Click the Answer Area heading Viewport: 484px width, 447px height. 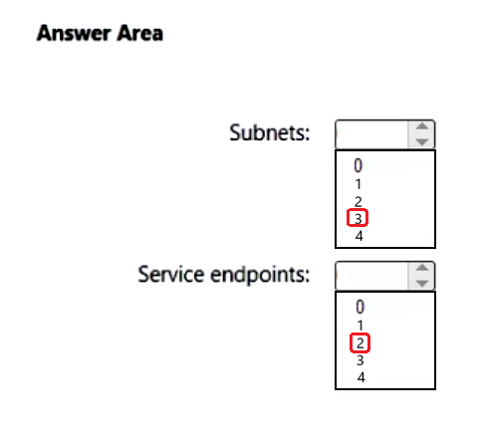point(100,33)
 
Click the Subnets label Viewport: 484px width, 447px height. point(270,132)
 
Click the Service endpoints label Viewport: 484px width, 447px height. point(224,275)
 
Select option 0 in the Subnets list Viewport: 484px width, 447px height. point(358,165)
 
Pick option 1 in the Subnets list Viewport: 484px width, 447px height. point(358,184)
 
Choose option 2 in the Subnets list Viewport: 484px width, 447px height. point(358,201)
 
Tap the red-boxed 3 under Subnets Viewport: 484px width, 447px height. point(358,218)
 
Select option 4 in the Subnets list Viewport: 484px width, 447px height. point(359,236)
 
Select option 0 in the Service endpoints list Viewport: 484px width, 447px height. point(360,307)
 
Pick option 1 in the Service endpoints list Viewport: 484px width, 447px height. point(360,326)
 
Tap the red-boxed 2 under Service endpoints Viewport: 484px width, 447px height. point(360,342)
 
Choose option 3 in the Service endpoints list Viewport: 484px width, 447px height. point(361,360)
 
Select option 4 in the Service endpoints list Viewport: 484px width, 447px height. point(361,377)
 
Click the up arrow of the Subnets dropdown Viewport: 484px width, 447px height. point(422,126)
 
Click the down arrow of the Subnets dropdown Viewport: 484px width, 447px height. point(422,142)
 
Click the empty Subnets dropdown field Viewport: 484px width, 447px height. point(371,134)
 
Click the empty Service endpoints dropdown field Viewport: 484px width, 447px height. point(371,276)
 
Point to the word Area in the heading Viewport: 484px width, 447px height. point(139,33)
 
